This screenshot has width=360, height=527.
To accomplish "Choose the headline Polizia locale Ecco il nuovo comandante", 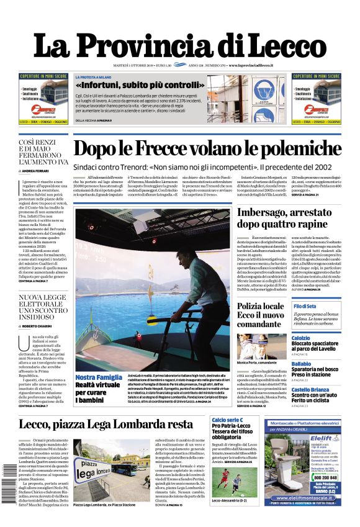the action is point(260,315).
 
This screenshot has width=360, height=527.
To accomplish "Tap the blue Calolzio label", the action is point(300,338).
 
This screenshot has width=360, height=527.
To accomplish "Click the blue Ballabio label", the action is point(300,364).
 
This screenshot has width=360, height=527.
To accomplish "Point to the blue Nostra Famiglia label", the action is point(98,377).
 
